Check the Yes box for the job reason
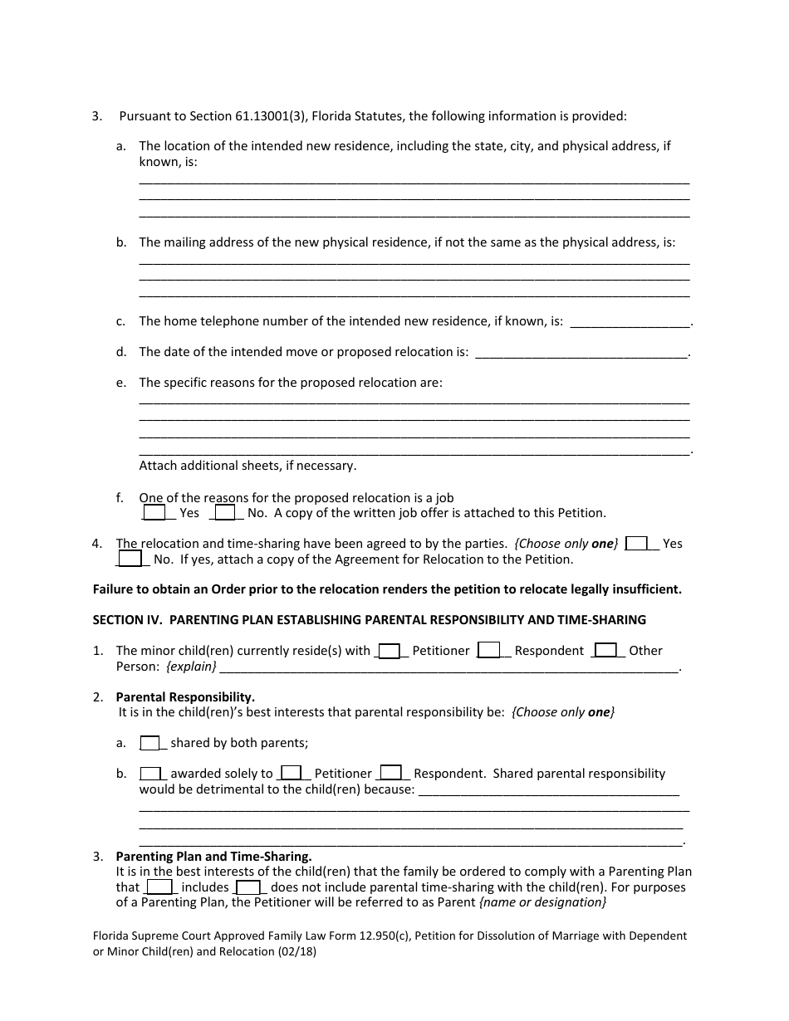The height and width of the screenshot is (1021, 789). [154, 513]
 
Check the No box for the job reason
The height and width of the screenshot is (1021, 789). [224, 513]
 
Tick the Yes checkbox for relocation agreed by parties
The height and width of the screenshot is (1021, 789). [636, 544]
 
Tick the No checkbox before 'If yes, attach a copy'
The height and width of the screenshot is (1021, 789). [130, 559]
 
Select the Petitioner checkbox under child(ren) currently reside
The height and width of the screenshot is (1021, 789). [390, 651]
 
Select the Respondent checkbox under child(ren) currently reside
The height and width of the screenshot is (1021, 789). [489, 651]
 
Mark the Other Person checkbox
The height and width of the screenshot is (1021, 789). [606, 651]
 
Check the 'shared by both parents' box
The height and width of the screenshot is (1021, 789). [149, 743]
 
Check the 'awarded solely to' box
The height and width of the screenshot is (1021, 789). [149, 774]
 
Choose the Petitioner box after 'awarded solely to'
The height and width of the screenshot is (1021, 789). [291, 774]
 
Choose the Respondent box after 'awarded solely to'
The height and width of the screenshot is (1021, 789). [391, 774]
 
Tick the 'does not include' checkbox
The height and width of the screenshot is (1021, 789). [247, 887]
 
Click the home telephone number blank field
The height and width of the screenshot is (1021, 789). [630, 322]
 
